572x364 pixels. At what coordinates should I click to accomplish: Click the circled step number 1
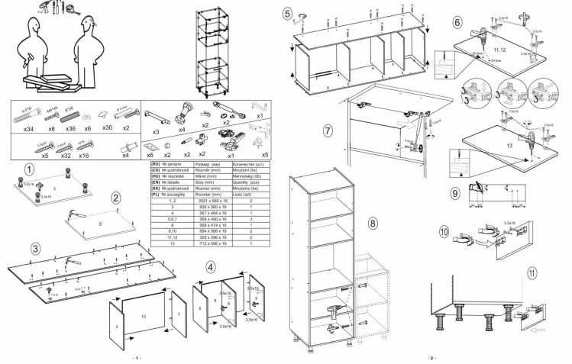click(x=28, y=169)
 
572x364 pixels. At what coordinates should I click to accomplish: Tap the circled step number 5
click(x=286, y=14)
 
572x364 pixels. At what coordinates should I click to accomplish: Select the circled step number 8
click(x=372, y=224)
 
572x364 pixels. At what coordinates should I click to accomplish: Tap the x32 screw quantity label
click(x=66, y=155)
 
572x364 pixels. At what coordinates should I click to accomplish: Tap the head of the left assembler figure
click(x=32, y=27)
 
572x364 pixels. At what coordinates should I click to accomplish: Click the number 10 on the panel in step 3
click(x=144, y=315)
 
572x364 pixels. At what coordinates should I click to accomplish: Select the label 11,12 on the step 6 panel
click(x=499, y=50)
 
